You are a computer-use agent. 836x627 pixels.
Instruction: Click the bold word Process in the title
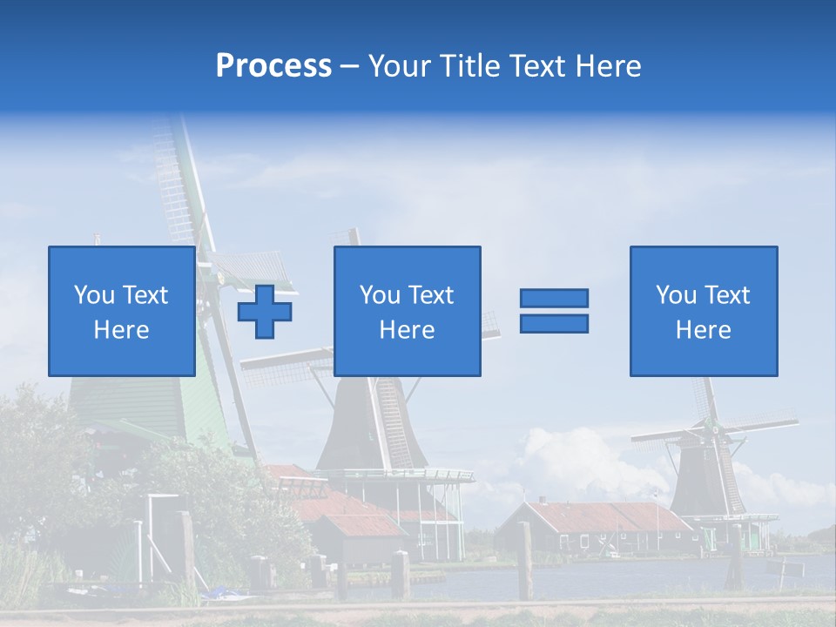pyautogui.click(x=273, y=66)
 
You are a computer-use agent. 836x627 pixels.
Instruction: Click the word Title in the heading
pyautogui.click(x=469, y=66)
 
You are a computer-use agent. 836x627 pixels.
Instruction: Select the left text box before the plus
pyautogui.click(x=122, y=311)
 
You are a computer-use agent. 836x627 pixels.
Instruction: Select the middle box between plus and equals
pyautogui.click(x=407, y=311)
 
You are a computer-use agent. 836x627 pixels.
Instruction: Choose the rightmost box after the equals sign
pyautogui.click(x=704, y=311)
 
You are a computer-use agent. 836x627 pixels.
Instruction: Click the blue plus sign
pyautogui.click(x=265, y=311)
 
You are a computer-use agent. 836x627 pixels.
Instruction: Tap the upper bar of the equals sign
pyautogui.click(x=554, y=298)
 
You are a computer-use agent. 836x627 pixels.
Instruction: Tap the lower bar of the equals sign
pyautogui.click(x=554, y=323)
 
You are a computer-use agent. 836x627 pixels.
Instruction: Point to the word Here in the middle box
pyautogui.click(x=407, y=330)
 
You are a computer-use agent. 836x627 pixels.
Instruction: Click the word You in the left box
pyautogui.click(x=94, y=295)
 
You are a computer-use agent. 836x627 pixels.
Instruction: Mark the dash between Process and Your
pyautogui.click(x=349, y=66)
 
